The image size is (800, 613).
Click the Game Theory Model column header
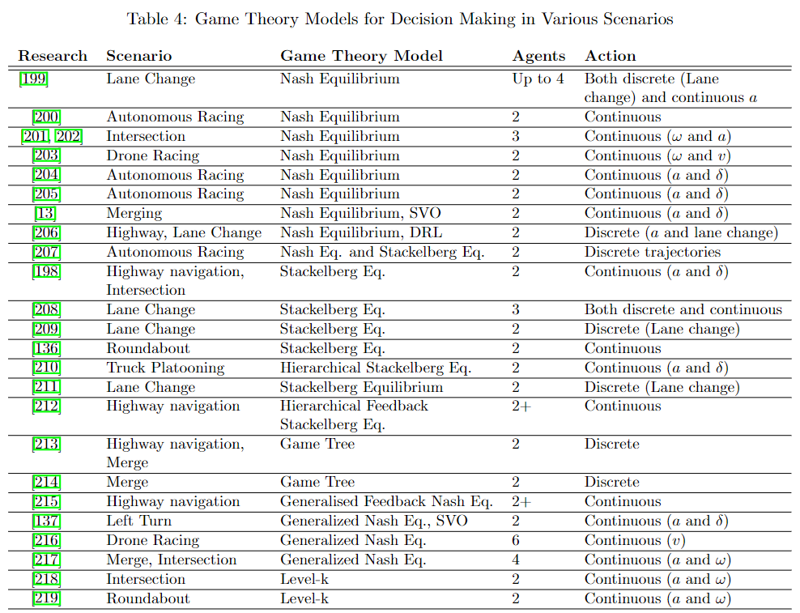point(361,56)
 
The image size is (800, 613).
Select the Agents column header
point(538,56)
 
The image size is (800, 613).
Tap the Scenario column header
point(139,56)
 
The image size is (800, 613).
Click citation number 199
point(33,79)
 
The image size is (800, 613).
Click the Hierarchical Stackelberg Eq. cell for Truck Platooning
point(375,368)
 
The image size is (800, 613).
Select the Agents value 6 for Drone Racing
point(516,540)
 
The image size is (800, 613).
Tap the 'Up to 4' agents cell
point(538,79)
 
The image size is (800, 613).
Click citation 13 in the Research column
point(46,213)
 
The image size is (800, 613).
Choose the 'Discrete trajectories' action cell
point(653,252)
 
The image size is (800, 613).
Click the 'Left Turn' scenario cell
point(139,521)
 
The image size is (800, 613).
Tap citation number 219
point(46,598)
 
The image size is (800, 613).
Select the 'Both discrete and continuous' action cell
point(683,309)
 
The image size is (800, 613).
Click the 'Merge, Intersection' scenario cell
point(172,560)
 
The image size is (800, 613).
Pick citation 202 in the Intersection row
point(68,136)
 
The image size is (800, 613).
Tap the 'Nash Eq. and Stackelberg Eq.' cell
point(382,252)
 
